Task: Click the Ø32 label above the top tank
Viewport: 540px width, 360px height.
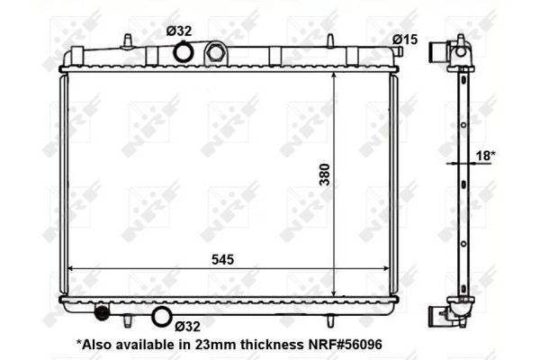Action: tap(179, 31)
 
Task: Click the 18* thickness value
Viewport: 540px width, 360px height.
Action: tap(485, 155)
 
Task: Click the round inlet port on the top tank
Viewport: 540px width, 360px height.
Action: tap(183, 52)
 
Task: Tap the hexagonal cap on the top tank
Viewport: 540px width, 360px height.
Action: tap(216, 51)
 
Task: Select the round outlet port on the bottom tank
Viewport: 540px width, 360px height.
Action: tap(162, 316)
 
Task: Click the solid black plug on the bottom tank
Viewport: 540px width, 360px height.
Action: tap(102, 313)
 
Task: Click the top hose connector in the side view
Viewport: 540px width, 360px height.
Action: tap(439, 50)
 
